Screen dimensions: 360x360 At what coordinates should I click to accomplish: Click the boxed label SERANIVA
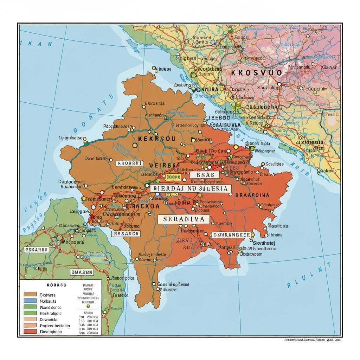point(184,219)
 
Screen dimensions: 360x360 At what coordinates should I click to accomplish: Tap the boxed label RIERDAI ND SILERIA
point(191,188)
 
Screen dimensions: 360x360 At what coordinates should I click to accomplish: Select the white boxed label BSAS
point(204,175)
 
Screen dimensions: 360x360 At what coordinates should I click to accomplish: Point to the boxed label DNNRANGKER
point(231,235)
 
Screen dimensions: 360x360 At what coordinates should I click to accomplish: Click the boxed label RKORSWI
point(129,163)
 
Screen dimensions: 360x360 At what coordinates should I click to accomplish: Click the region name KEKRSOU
point(156,139)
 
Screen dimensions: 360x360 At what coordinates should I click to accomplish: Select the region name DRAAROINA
point(252,195)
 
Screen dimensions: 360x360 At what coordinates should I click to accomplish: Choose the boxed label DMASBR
point(82,272)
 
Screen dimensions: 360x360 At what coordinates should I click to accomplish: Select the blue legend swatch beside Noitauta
point(30,301)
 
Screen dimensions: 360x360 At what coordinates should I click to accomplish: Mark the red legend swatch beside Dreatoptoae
point(30,331)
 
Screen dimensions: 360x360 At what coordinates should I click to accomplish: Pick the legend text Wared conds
point(51,307)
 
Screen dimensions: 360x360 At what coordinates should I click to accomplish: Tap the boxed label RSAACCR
point(126,233)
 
